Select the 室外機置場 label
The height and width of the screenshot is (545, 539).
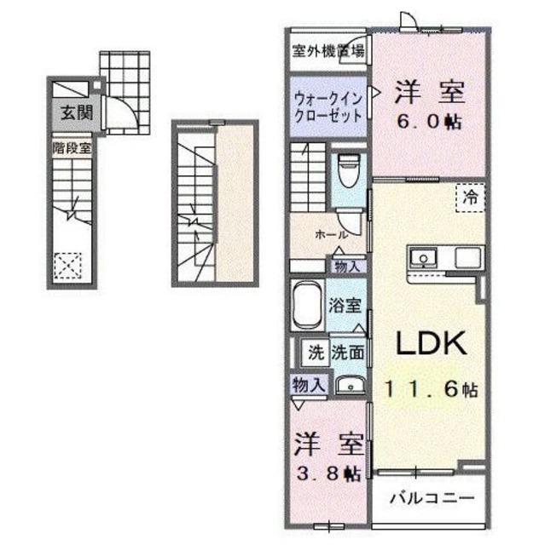pyautogui.click(x=327, y=50)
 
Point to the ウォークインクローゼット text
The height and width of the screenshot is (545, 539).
pyautogui.click(x=327, y=106)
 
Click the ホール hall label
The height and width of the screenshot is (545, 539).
pyautogui.click(x=330, y=232)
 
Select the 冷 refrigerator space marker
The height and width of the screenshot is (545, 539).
pyautogui.click(x=470, y=197)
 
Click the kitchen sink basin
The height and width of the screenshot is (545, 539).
pyautogui.click(x=424, y=257)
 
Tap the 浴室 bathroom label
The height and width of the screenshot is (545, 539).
pyautogui.click(x=347, y=303)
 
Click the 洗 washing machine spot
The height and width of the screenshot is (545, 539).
pyautogui.click(x=316, y=350)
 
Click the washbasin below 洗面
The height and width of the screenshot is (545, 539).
pyautogui.click(x=349, y=385)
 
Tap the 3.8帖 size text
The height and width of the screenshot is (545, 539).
pyautogui.click(x=327, y=471)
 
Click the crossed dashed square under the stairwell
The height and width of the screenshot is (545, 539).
pyautogui.click(x=69, y=266)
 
